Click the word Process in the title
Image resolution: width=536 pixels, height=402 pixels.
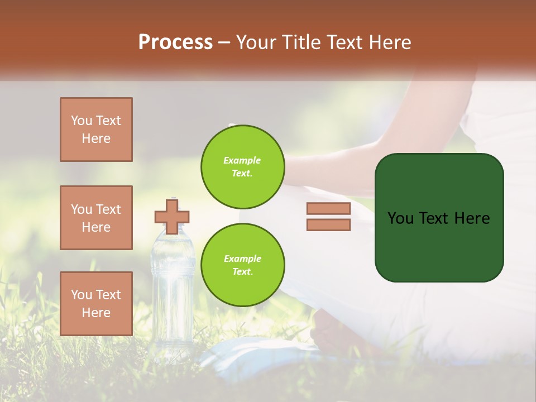[x=175, y=42]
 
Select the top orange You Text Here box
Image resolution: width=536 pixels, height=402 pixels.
[x=96, y=130]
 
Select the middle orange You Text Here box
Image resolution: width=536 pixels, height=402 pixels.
[x=96, y=218]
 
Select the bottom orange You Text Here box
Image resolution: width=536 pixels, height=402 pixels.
[x=96, y=304]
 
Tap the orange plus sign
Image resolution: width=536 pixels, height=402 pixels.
[x=172, y=217]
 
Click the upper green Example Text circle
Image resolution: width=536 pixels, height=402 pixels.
[x=242, y=166]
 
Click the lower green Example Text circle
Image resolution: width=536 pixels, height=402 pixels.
[x=242, y=265]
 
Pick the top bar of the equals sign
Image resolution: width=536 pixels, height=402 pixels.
[x=328, y=209]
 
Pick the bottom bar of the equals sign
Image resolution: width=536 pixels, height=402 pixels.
[x=328, y=225]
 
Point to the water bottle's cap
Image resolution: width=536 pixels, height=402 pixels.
[x=174, y=202]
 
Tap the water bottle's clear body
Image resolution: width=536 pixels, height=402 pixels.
[x=173, y=290]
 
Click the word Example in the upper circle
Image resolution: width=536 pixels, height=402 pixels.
[x=242, y=160]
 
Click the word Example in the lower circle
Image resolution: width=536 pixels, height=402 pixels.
[x=242, y=259]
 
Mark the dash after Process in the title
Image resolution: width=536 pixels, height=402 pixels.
[x=224, y=42]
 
